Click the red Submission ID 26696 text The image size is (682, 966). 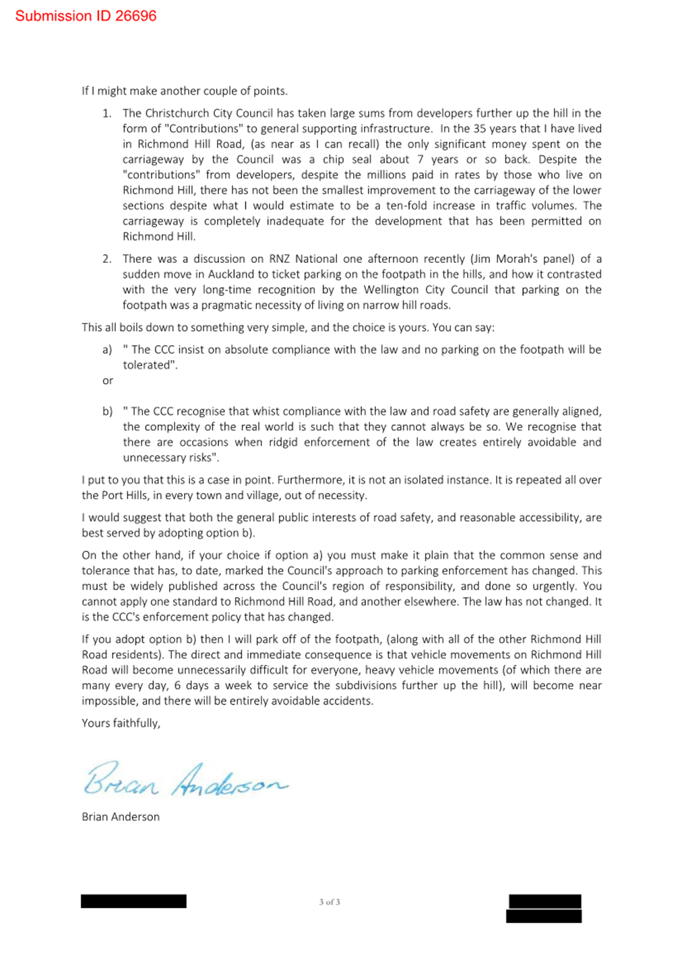tap(86, 16)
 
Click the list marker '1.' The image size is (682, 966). tap(107, 113)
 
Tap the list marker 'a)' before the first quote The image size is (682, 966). tap(107, 350)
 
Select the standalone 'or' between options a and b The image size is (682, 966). tap(108, 381)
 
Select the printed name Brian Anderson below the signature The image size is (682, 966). tap(121, 817)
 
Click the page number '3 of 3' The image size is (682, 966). tap(330, 902)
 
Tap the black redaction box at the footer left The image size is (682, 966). tap(133, 901)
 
